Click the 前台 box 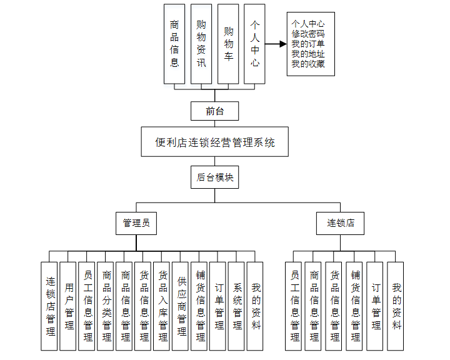[214, 111]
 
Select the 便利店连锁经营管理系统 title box [214, 142]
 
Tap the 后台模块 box [214, 177]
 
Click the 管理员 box [136, 222]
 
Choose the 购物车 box [228, 44]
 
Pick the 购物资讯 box [201, 44]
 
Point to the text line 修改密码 [308, 34]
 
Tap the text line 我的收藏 [308, 64]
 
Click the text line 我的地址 [308, 54]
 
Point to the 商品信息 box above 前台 [174, 44]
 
